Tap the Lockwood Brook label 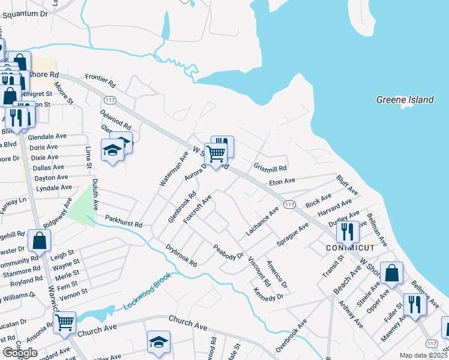(x=148, y=291)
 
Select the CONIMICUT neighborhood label (x=350, y=247)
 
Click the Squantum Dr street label (x=23, y=13)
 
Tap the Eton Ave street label (x=282, y=181)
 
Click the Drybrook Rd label (x=181, y=255)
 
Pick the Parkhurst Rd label (x=124, y=221)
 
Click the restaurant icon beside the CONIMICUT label (x=348, y=230)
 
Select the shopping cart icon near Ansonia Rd (x=64, y=322)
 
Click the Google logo (x=20, y=353)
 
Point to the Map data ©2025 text (x=423, y=355)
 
